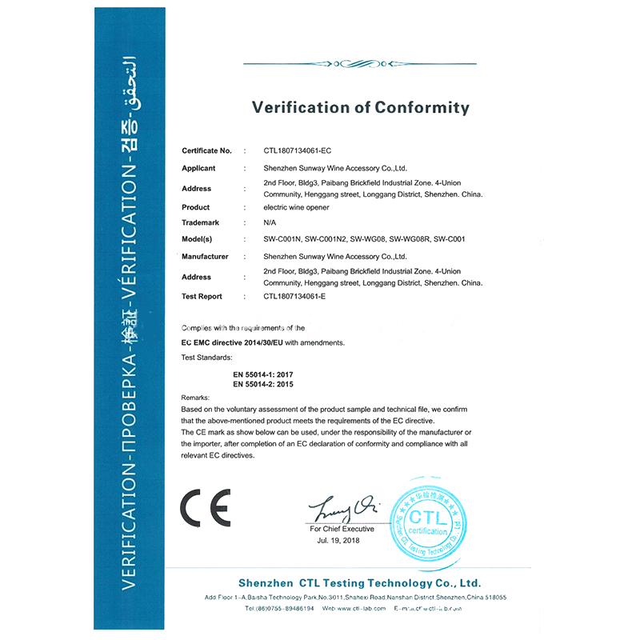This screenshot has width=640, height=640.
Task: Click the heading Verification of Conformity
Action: pyautogui.click(x=361, y=107)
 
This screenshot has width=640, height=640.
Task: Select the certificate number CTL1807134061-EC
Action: pyautogui.click(x=297, y=150)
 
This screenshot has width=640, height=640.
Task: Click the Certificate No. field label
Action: pyautogui.click(x=206, y=150)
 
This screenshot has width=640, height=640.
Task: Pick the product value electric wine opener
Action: pyautogui.click(x=296, y=207)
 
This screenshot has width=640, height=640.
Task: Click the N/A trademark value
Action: pyautogui.click(x=270, y=222)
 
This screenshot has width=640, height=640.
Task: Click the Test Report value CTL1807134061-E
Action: pyautogui.click(x=295, y=296)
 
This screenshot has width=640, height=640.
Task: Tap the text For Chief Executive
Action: pyautogui.click(x=342, y=529)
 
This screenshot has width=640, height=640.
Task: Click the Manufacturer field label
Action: pyautogui.click(x=205, y=257)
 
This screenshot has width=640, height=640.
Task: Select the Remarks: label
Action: pyautogui.click(x=195, y=397)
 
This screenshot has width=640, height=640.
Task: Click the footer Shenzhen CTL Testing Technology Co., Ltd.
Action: pyautogui.click(x=359, y=583)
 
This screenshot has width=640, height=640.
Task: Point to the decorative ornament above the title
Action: pyautogui.click(x=361, y=63)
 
